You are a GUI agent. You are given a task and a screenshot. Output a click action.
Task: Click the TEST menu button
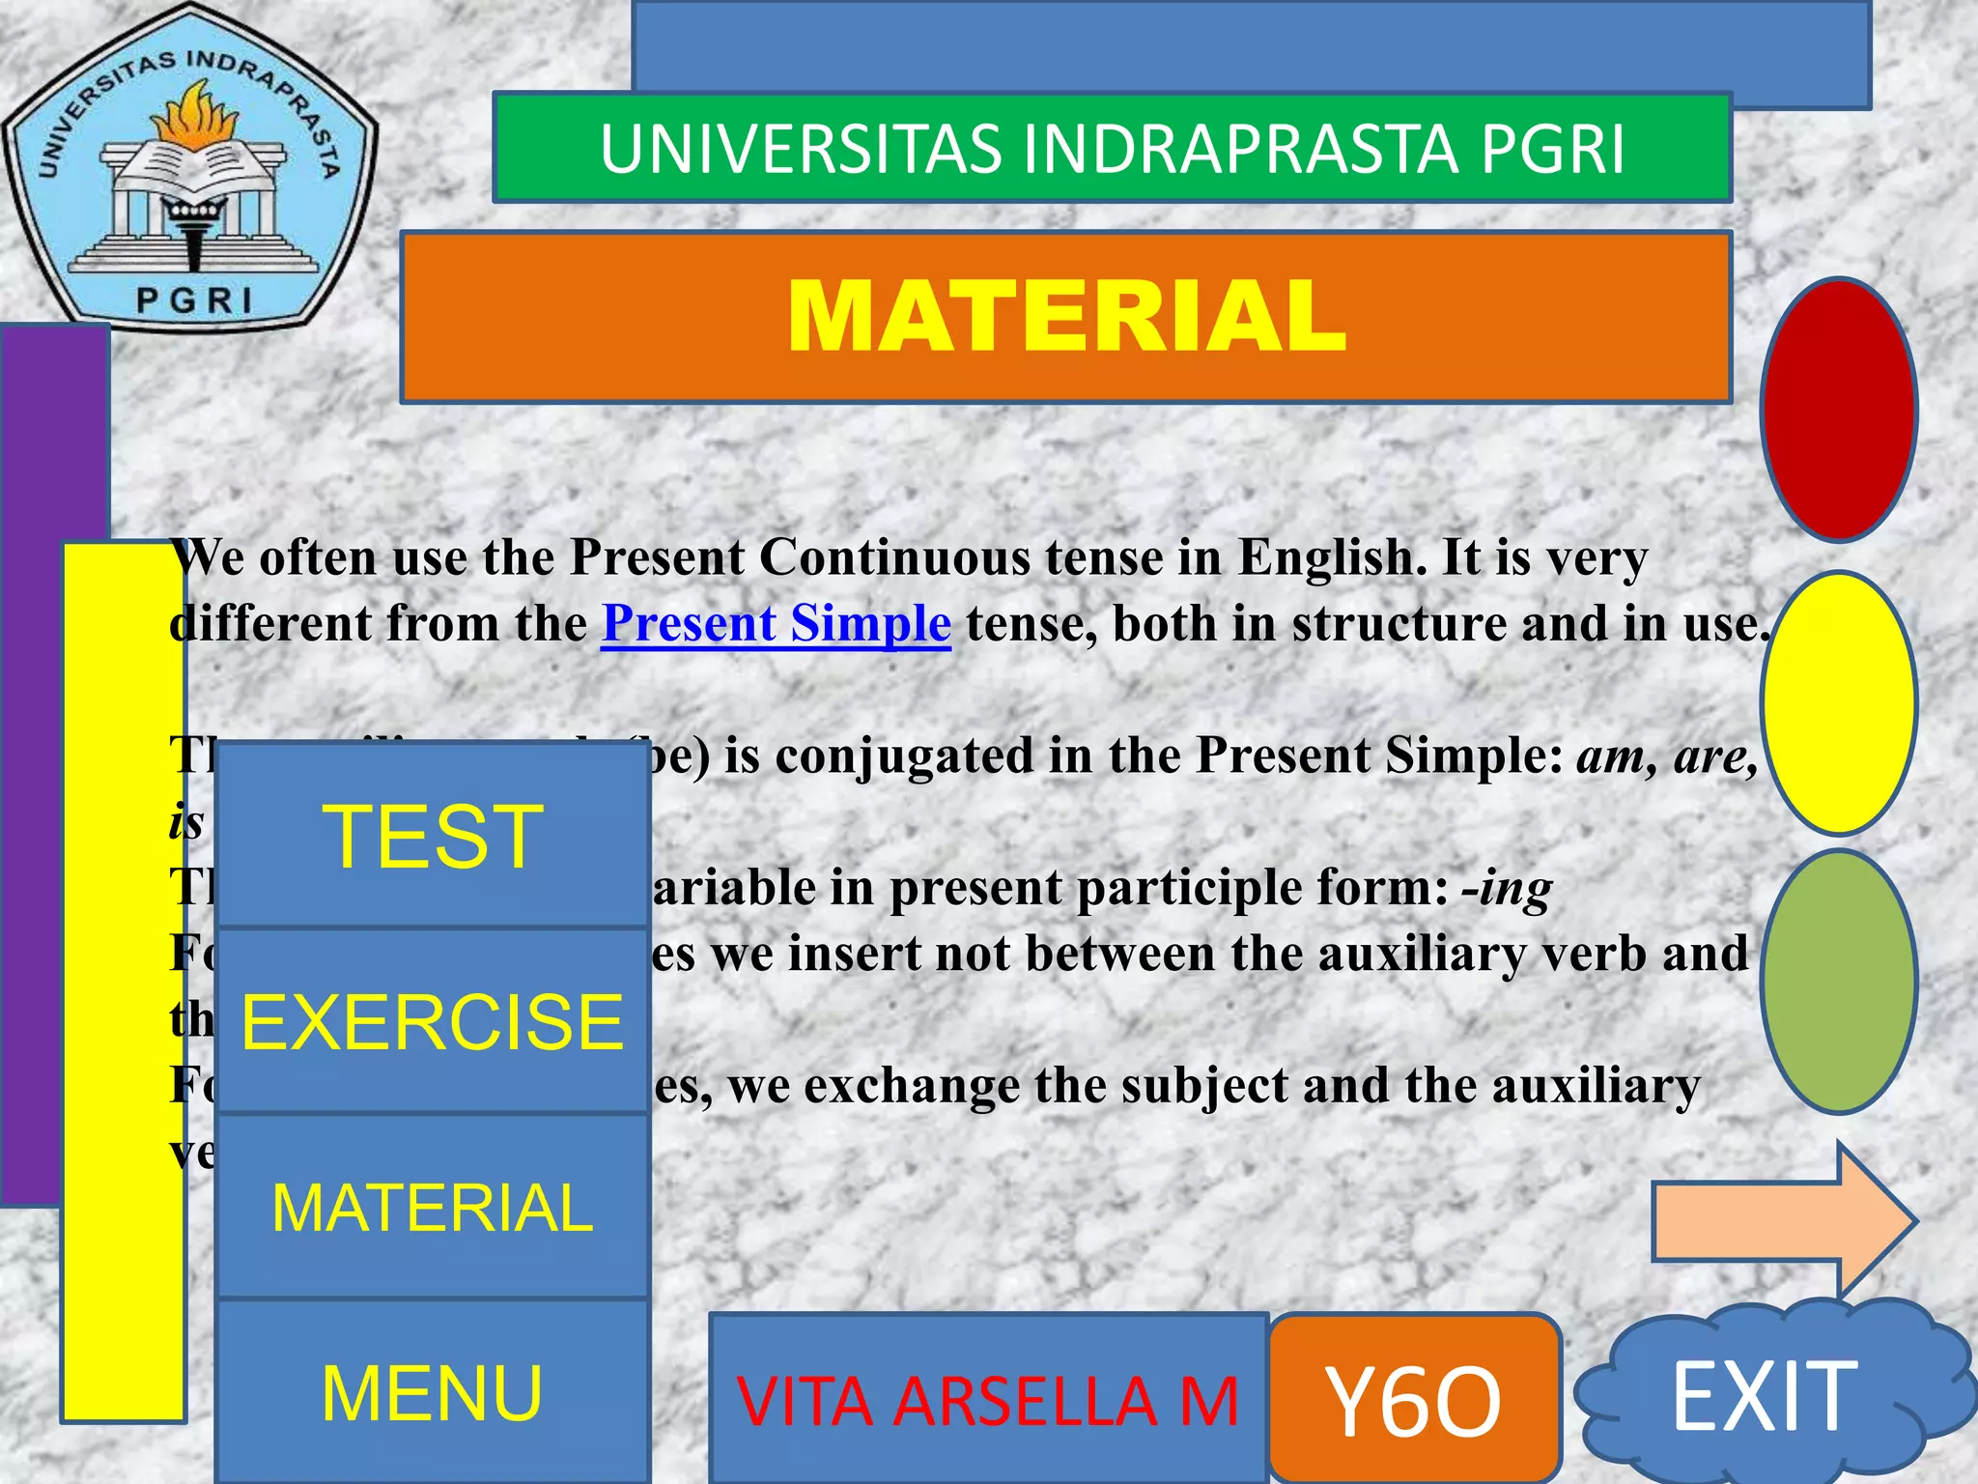(432, 836)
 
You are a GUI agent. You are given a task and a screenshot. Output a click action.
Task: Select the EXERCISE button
(432, 1022)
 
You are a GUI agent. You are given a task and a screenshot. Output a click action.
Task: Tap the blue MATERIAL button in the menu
(432, 1208)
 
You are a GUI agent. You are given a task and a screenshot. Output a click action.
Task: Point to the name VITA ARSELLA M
(987, 1401)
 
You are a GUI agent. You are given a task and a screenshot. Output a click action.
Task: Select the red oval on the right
(1838, 410)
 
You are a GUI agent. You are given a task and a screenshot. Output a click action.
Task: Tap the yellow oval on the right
(1838, 702)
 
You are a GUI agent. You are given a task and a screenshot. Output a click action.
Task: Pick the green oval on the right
(1838, 981)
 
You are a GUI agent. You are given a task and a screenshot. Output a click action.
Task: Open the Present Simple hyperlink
(776, 623)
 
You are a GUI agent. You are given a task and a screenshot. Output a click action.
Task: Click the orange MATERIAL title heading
(1065, 316)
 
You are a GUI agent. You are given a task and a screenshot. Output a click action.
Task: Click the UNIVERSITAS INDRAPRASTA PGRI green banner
(1112, 149)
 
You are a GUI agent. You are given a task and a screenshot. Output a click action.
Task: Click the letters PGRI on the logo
(194, 300)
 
